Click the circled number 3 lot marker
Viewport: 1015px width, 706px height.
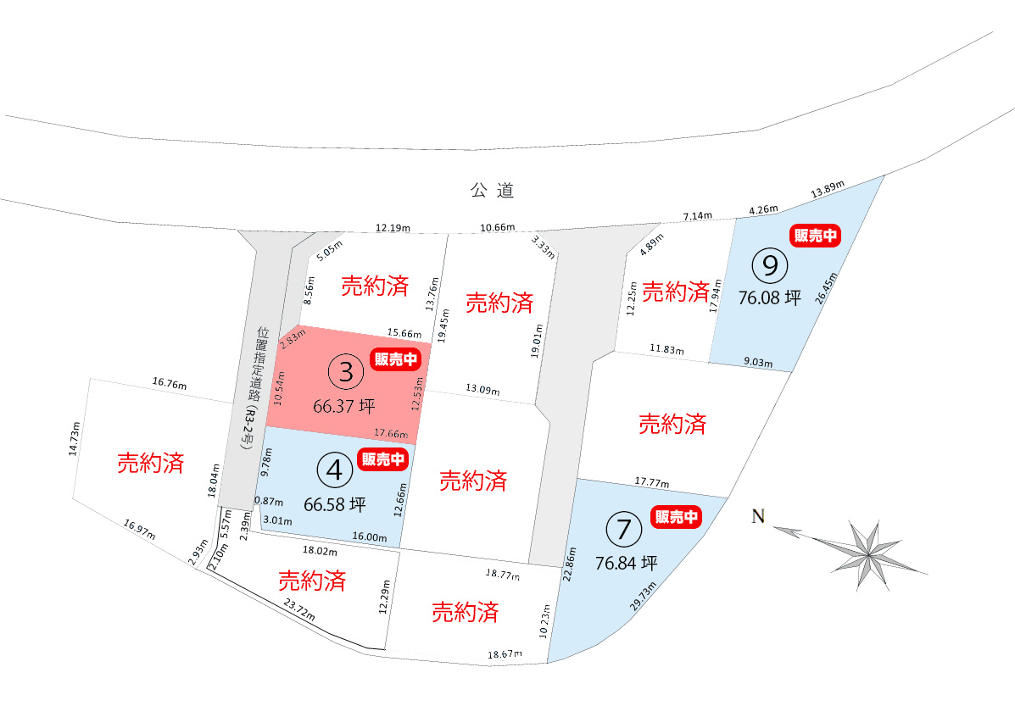coord(345,371)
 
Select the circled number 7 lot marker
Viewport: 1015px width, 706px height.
coord(624,529)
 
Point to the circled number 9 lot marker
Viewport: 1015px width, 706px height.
coord(770,266)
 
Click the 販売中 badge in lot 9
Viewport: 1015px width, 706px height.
coord(815,236)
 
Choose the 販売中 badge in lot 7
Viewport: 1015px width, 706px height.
coord(677,516)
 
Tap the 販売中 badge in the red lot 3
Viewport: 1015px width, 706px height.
coord(396,359)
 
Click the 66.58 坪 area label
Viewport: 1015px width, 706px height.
coord(335,504)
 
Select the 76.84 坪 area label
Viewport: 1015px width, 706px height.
coord(627,563)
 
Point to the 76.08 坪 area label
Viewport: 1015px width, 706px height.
coord(769,298)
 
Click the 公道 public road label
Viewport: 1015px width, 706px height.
coord(493,191)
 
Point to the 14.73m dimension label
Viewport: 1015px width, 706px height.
coord(75,439)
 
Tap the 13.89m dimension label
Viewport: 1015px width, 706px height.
coord(828,192)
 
